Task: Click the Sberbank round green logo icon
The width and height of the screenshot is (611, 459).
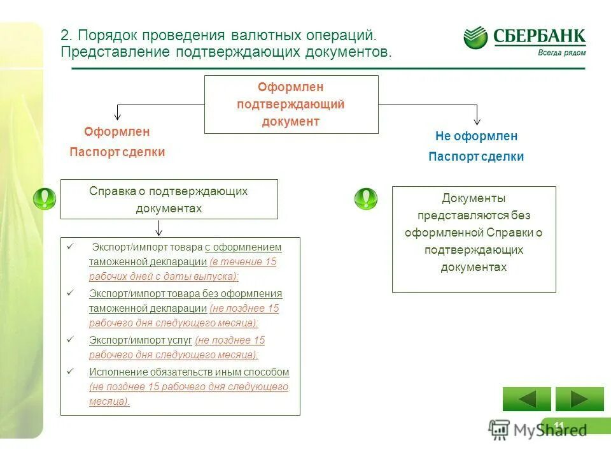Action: point(475,38)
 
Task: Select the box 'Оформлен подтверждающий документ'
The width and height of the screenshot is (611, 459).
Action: point(291,105)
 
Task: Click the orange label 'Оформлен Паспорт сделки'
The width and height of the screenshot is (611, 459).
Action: point(117,142)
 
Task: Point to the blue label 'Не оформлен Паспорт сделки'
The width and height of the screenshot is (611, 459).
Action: point(476,146)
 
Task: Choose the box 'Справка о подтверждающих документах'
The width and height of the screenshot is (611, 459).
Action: point(169,200)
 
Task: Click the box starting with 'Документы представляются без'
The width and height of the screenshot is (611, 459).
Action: point(474,239)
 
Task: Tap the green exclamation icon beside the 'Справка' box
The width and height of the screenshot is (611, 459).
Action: point(45,199)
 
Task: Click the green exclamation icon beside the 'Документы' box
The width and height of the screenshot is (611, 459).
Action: point(365,199)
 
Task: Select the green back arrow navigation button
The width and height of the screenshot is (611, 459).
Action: point(526,399)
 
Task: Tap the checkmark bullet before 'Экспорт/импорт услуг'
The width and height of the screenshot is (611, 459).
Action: point(71,340)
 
